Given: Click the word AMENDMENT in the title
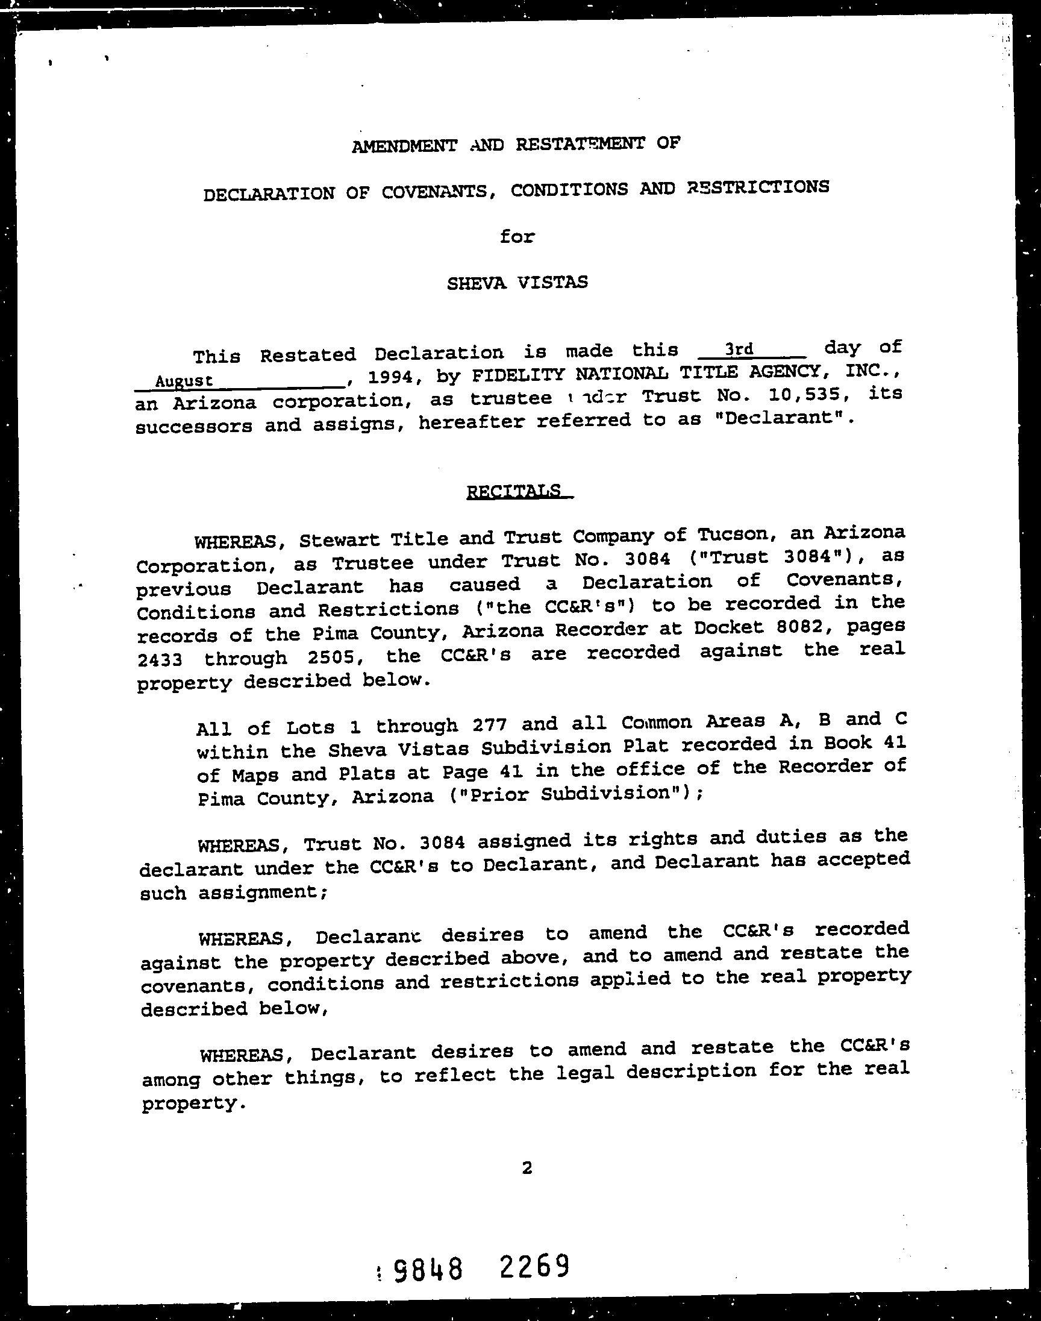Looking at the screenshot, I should click(x=404, y=146).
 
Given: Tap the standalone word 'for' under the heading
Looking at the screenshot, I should click(x=517, y=236).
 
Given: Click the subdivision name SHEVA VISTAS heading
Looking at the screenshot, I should click(x=517, y=283).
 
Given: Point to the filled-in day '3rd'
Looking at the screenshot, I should click(x=739, y=350).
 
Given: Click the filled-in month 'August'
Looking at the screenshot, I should click(x=184, y=381).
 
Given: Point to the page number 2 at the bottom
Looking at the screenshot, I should click(x=527, y=1167).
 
